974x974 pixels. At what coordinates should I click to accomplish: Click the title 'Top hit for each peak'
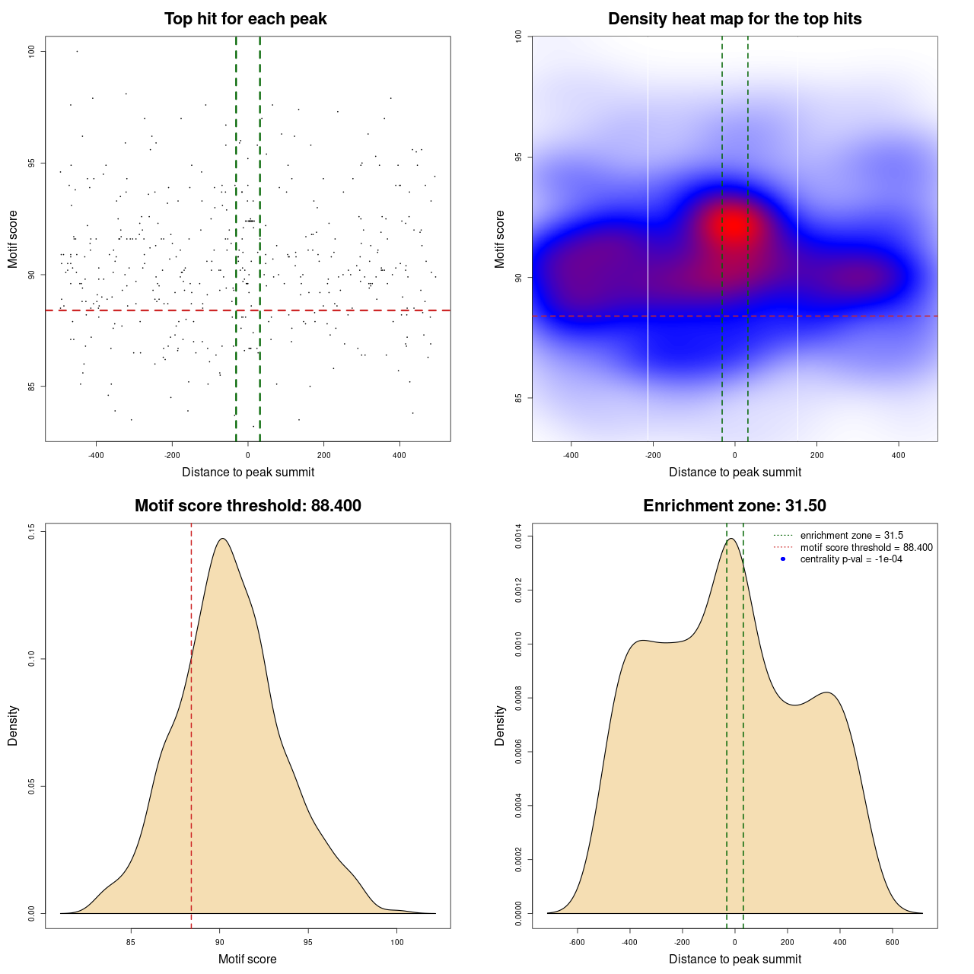pos(246,19)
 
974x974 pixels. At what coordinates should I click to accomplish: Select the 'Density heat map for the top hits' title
pos(734,19)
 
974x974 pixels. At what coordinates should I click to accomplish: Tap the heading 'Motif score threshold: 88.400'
pos(247,506)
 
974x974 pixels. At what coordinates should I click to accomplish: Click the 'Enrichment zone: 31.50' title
pos(734,506)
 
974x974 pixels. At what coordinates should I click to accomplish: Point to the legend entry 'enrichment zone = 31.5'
pos(851,536)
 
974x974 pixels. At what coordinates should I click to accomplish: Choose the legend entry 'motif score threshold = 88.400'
pos(866,548)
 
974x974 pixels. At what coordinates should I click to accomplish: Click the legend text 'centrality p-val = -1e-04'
pos(851,559)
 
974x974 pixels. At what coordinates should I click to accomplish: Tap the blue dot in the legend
pos(783,559)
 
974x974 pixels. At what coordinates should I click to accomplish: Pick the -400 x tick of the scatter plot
pos(96,455)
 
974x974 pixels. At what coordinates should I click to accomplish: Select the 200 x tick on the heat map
pos(816,455)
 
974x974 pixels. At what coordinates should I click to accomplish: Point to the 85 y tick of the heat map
pos(519,398)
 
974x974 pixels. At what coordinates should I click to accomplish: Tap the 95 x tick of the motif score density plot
pos(307,942)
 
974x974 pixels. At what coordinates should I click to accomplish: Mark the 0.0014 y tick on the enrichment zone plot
pos(519,536)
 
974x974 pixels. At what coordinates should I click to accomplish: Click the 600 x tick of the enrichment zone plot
pos(892,942)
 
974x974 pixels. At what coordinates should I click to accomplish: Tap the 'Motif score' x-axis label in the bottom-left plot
pos(247,959)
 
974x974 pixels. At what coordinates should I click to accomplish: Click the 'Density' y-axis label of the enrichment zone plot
pos(500,725)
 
